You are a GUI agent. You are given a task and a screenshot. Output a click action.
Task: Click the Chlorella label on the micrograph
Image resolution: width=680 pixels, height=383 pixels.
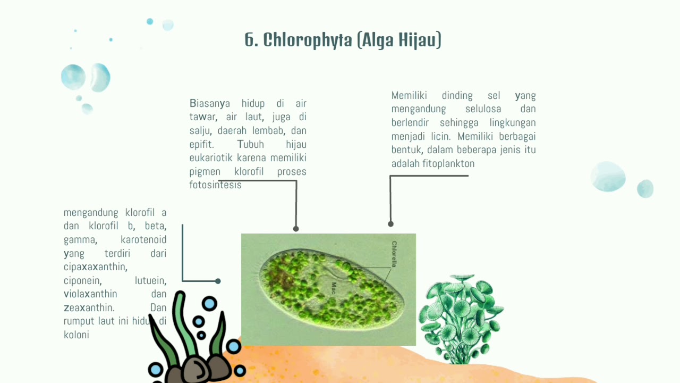394,254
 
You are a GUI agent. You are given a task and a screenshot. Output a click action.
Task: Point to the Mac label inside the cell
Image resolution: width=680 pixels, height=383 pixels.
334,288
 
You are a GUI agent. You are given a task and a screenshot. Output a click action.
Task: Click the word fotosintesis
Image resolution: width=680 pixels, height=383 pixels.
215,185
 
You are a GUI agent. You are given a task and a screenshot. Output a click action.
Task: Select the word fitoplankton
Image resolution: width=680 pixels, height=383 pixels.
448,164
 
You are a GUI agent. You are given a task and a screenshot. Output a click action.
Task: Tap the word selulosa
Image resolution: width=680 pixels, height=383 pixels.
483,109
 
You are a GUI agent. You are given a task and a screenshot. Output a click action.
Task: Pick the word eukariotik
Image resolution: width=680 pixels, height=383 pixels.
211,158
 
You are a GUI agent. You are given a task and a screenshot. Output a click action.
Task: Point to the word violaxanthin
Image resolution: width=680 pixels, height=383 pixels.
90,294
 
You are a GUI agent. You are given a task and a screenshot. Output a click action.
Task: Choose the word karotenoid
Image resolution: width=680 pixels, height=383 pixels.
143,240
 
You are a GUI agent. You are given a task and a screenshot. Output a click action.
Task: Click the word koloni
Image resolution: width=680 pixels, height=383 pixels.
76,335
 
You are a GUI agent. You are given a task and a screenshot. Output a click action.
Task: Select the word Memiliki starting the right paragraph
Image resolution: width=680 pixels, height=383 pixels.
409,96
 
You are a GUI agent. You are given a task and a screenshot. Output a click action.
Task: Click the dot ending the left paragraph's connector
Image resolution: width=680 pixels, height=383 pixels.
218,281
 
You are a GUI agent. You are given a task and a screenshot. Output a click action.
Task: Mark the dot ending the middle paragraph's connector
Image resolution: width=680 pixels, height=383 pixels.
296,229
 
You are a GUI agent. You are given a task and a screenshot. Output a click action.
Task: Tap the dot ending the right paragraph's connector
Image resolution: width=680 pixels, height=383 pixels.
390,224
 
